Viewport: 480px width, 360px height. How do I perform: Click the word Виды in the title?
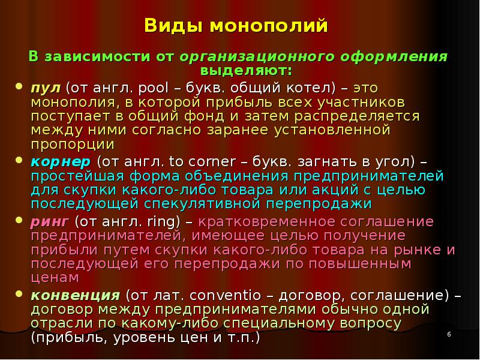click(x=169, y=27)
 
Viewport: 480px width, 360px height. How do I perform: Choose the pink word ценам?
click(x=55, y=278)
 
